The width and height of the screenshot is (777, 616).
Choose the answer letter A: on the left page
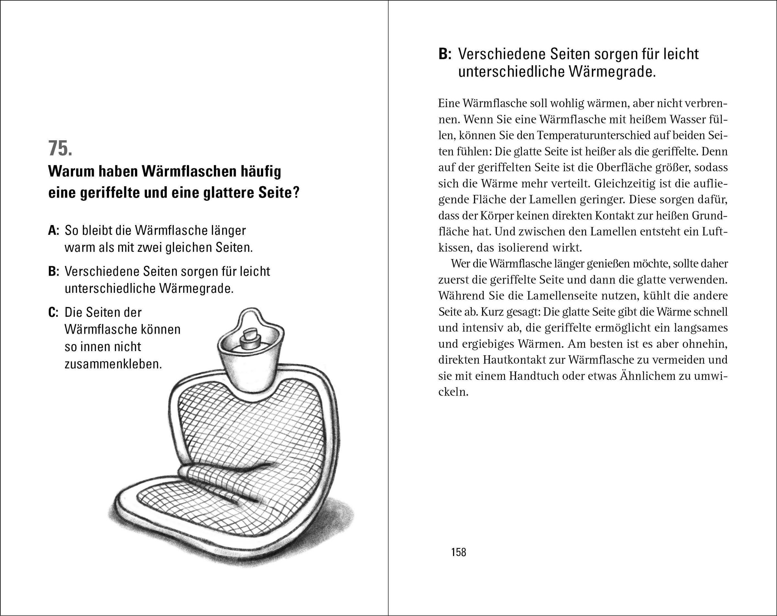pyautogui.click(x=54, y=231)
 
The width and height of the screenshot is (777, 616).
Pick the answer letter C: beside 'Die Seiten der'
pyautogui.click(x=54, y=313)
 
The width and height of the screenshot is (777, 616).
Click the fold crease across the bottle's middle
pyautogui.click(x=231, y=469)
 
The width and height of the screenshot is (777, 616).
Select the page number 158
pyautogui.click(x=458, y=552)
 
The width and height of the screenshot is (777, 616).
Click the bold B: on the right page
pyautogui.click(x=445, y=54)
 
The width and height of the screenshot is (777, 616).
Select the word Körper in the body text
pyautogui.click(x=497, y=216)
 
